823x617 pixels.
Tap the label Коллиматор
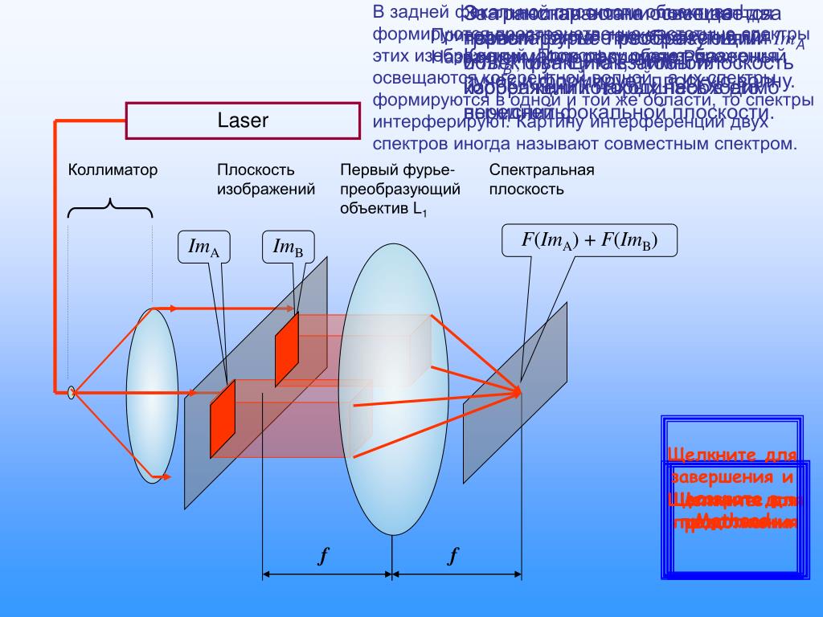click(113, 170)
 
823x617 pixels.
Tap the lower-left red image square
click(223, 419)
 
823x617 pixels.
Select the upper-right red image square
click(287, 349)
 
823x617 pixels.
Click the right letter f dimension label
click(454, 556)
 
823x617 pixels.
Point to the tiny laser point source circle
click(71, 393)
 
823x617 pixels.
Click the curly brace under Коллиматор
click(110, 208)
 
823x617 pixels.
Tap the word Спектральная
click(542, 170)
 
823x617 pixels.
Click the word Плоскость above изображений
click(256, 170)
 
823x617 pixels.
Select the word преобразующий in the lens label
click(400, 190)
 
